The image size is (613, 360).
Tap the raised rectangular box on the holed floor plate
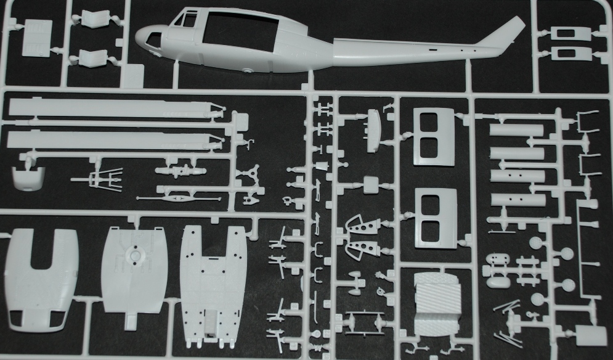point(211,324)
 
